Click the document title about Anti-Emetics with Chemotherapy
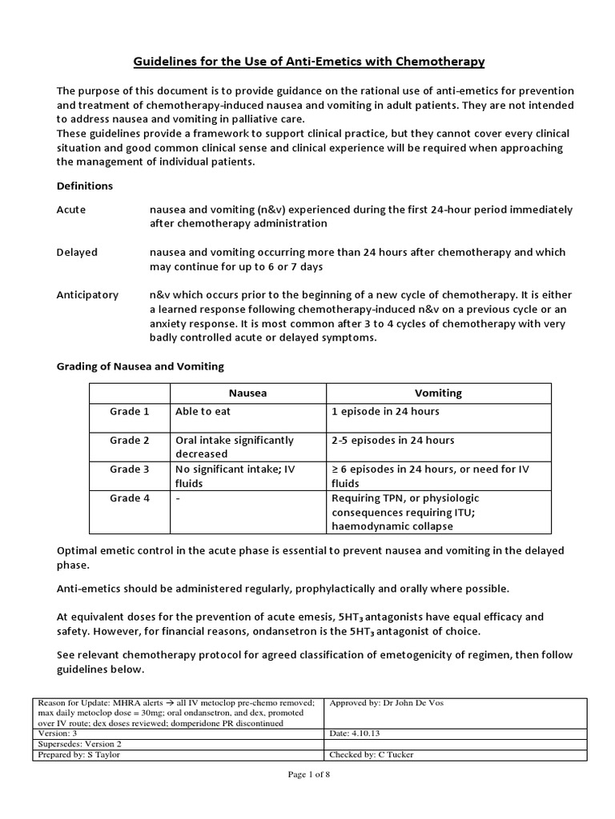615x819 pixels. click(307, 61)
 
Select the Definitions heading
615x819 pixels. click(84, 186)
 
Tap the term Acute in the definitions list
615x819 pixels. click(70, 210)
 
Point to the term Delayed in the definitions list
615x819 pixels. click(77, 252)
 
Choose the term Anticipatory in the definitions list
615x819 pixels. click(87, 294)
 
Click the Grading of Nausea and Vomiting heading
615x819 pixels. click(140, 366)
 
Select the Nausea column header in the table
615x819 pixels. click(247, 393)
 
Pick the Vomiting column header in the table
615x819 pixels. click(438, 393)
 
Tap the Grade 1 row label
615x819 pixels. click(130, 411)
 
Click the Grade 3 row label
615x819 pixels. click(130, 469)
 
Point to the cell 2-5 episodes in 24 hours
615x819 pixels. click(392, 440)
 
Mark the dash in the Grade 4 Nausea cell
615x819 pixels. click(177, 498)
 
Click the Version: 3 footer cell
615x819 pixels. click(60, 733)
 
